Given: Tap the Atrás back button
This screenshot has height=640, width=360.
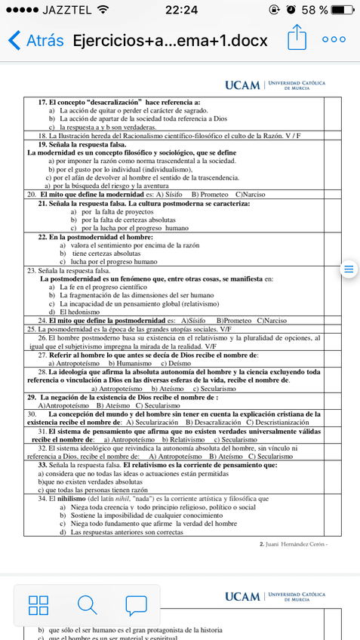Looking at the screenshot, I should pos(35,40).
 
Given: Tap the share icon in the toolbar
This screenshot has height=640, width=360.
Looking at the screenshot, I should pos(298,38).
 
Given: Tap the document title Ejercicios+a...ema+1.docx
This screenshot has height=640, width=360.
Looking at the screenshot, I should pos(170,40).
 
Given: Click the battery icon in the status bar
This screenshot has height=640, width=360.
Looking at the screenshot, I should pos(341,10).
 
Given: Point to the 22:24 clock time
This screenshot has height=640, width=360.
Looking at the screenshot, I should pos(180,10).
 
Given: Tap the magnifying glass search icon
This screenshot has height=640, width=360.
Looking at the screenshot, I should pos(87,604).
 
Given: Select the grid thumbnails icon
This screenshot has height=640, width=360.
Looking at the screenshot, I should pos(38,604).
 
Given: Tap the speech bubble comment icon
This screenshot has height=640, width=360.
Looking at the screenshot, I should pos(136,604).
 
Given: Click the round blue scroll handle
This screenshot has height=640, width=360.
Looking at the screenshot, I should pos(348,269).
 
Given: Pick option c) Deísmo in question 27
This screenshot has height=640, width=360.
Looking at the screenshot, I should pos(176,363).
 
